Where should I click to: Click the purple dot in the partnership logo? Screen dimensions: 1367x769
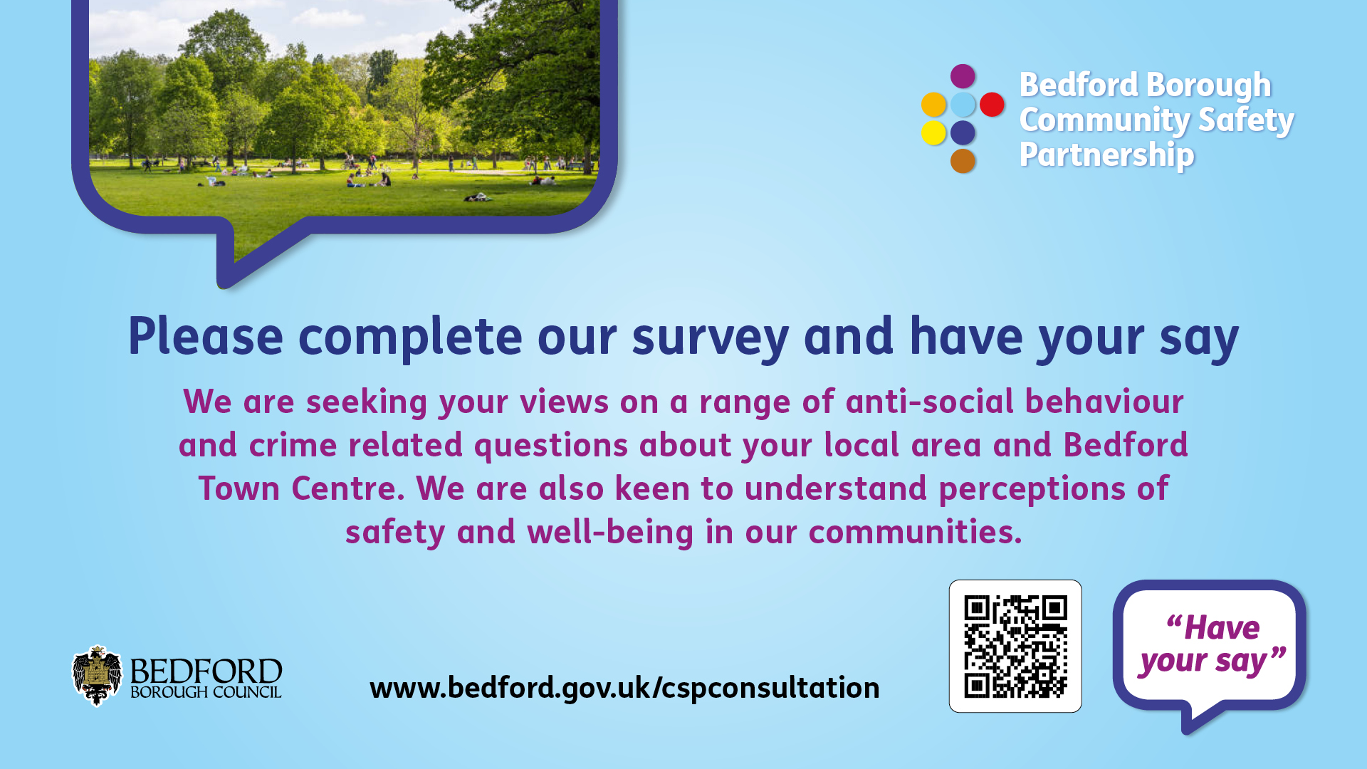963,76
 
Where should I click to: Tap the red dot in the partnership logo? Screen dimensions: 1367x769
992,105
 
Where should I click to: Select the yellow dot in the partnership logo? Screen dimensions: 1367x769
933,132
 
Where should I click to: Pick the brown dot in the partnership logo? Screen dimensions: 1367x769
963,161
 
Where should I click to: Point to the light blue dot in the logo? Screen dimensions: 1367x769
963,105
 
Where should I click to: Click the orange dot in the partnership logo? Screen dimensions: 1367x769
933,105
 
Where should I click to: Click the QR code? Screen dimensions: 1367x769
1015,647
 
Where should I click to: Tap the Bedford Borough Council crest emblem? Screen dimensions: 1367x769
97,676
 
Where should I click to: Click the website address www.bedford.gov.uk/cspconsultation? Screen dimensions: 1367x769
624,688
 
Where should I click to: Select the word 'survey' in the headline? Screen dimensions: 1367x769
711,338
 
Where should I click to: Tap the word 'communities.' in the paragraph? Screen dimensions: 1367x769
915,532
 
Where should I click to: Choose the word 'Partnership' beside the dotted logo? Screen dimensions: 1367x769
1106,155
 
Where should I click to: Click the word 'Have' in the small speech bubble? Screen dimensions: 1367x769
1222,628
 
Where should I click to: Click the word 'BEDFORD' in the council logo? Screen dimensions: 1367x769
206,671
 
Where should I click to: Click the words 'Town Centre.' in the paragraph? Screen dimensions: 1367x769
301,488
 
